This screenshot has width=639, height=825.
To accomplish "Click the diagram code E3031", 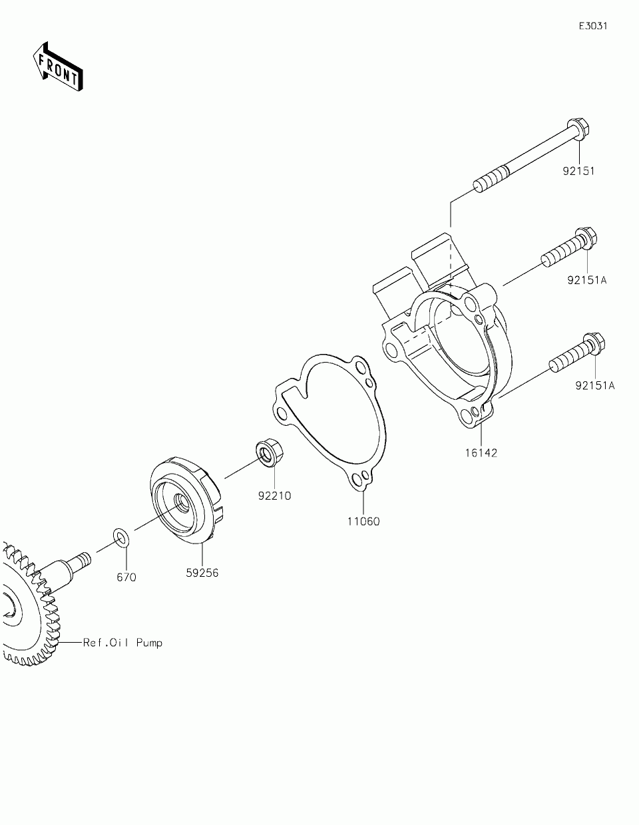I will (592, 27).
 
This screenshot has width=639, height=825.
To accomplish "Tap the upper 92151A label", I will (587, 280).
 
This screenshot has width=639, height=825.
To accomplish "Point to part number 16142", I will (481, 453).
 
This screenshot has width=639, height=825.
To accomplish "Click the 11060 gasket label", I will (363, 522).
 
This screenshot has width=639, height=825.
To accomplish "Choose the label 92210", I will (275, 496).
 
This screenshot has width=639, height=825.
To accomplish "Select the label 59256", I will (202, 572).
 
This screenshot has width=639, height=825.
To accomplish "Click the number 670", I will (126, 577).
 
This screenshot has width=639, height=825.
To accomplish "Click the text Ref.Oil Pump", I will (122, 643).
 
